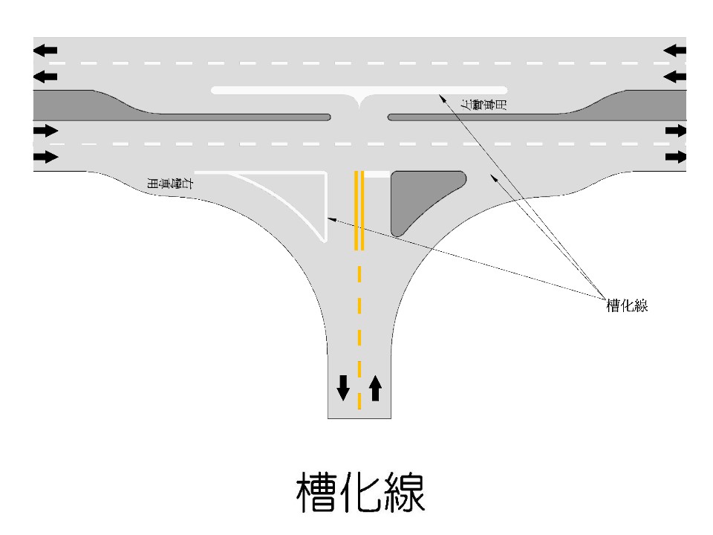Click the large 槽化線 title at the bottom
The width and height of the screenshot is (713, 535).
(361, 491)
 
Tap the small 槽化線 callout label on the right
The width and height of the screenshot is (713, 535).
(627, 305)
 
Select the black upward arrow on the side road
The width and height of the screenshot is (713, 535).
(375, 387)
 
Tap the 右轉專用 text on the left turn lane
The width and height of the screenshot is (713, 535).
(172, 187)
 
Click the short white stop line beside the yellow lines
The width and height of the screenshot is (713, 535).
(377, 174)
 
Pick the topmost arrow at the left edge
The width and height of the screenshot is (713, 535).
(45, 51)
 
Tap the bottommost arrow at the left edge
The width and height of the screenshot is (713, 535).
(45, 157)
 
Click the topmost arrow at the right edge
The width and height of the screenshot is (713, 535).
(675, 51)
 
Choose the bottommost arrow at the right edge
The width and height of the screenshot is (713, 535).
(676, 157)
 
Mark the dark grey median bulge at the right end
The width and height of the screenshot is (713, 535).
(646, 104)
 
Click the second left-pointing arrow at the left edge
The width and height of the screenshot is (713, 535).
(45, 77)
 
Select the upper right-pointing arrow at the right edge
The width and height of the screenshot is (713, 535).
(676, 131)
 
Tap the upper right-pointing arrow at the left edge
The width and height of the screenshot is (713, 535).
(45, 131)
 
